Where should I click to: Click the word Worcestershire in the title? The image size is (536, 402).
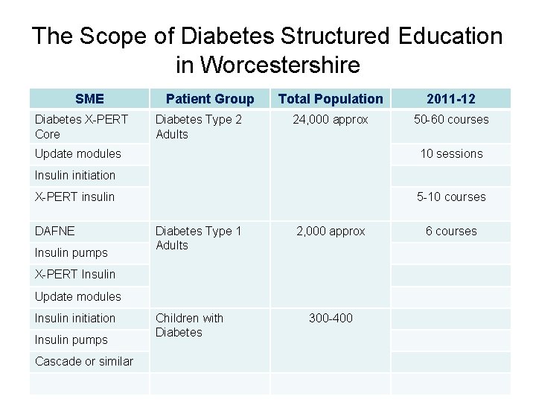pos(267,65)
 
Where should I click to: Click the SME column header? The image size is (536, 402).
pos(89,99)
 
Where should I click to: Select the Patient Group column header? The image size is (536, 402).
pos(210,99)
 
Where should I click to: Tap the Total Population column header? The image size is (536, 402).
pos(331,99)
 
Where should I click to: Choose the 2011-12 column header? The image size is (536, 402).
pos(451,99)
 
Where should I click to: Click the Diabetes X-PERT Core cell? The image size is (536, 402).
pos(81,127)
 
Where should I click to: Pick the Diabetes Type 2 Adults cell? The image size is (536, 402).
pos(199,127)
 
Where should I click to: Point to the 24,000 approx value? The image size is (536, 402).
pos(331,119)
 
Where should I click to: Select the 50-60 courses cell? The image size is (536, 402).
pos(451,119)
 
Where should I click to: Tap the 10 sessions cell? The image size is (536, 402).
pos(451,154)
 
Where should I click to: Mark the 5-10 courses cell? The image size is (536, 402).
pos(451,197)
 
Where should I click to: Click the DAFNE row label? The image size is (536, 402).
pos(55,232)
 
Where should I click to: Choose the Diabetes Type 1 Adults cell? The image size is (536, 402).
pos(199,238)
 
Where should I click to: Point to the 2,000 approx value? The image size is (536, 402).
pos(331,232)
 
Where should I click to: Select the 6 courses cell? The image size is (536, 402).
pos(451,232)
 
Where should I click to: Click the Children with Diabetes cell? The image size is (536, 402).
pos(189,325)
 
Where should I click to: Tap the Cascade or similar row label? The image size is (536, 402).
pos(84,361)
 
